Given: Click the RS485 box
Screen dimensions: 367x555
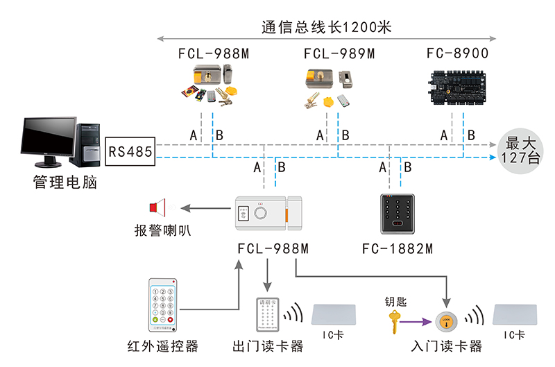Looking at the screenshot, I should pyautogui.click(x=130, y=151).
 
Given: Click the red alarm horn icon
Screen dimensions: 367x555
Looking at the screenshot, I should pyautogui.click(x=158, y=207).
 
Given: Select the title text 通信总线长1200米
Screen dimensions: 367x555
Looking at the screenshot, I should pyautogui.click(x=327, y=28).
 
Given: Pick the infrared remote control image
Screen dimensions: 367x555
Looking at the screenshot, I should pyautogui.click(x=164, y=305).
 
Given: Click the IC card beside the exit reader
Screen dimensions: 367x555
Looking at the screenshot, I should pyautogui.click(x=336, y=315).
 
